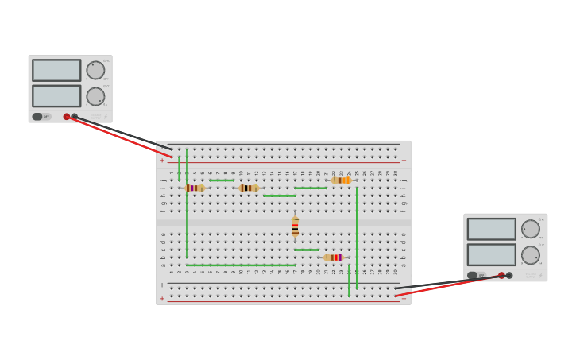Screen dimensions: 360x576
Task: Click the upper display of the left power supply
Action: [56, 70]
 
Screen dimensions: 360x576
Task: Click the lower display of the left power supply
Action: [56, 96]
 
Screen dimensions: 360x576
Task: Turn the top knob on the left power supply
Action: [95, 70]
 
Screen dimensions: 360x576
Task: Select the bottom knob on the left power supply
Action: [95, 96]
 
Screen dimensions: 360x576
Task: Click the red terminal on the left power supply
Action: [67, 117]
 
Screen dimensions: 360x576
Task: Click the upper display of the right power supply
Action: [491, 229]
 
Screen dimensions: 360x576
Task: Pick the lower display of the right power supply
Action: [491, 254]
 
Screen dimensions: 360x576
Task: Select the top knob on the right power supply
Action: [530, 229]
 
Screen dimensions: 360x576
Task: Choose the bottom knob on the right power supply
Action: [530, 255]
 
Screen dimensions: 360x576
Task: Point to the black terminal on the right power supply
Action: [509, 276]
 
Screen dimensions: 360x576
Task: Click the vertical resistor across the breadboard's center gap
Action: [295, 226]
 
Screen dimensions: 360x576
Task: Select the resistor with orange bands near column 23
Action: [341, 180]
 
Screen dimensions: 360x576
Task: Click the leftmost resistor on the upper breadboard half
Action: [195, 188]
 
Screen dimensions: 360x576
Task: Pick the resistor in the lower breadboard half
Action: [334, 257]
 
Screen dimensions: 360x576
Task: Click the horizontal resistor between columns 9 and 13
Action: [249, 188]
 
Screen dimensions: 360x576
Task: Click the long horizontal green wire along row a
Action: [241, 265]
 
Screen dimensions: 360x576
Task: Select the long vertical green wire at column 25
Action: [357, 237]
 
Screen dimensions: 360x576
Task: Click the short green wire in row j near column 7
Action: [222, 180]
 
